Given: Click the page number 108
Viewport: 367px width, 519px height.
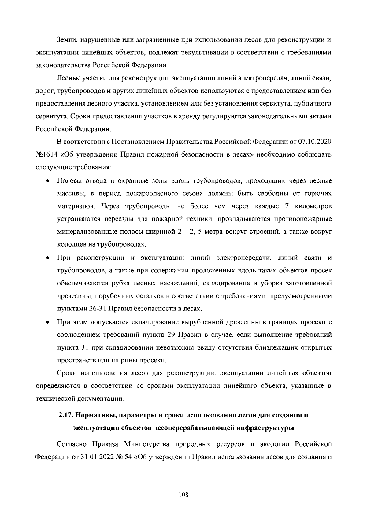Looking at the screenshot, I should [183, 495].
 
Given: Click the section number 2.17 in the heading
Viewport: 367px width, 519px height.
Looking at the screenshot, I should [65, 415].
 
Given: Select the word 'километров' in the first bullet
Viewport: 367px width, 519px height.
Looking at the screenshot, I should [313, 206].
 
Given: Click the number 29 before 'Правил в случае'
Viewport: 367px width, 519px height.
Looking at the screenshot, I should [171, 335].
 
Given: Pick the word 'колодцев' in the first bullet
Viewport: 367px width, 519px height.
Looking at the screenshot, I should [69, 245].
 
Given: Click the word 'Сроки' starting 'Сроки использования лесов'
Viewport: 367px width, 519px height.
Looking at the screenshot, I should [67, 373].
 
